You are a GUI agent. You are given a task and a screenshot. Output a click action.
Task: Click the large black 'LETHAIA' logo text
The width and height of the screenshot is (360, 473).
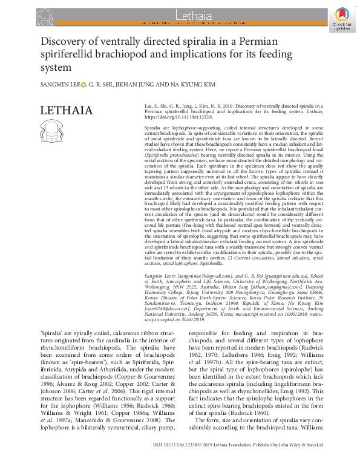66,111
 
